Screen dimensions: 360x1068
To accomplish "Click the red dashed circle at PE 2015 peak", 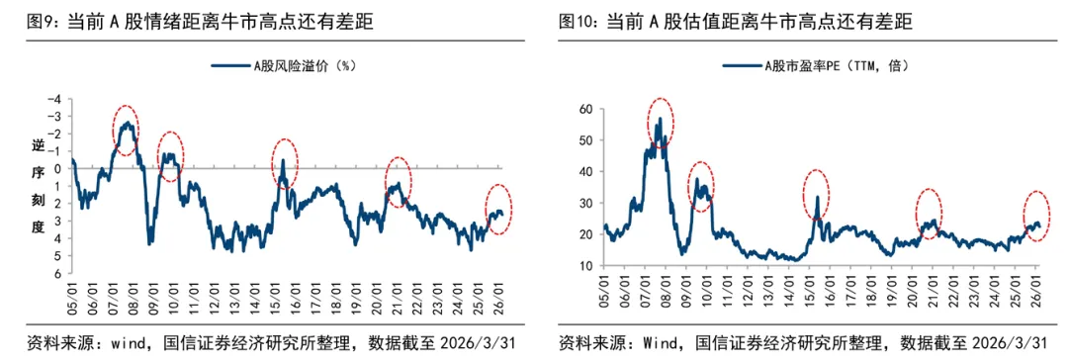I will (816, 197).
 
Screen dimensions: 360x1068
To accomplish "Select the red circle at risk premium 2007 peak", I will (126, 130).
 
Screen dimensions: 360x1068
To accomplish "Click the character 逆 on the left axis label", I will (38, 146).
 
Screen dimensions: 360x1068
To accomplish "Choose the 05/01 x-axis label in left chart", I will (72, 295).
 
